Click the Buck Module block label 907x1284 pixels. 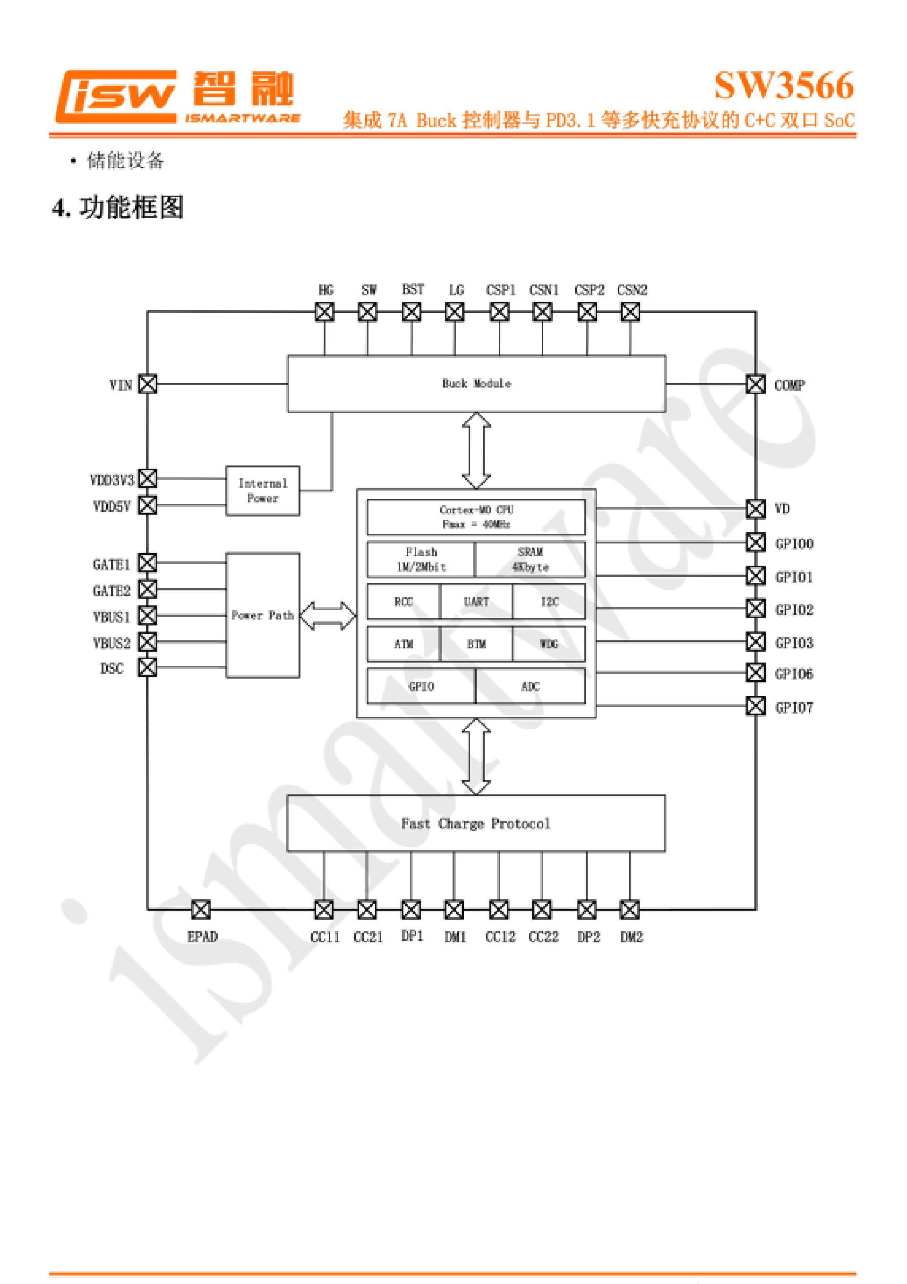(x=477, y=384)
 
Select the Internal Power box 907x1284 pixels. (x=262, y=491)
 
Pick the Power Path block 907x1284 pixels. (x=262, y=615)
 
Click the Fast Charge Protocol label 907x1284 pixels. (x=475, y=824)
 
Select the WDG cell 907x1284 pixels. (x=548, y=644)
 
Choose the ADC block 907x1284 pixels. (x=530, y=686)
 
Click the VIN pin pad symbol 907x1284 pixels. (x=148, y=384)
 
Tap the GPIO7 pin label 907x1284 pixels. (x=794, y=708)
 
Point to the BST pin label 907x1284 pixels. (x=413, y=290)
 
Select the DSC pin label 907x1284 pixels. (x=112, y=668)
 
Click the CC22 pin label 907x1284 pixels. (x=544, y=937)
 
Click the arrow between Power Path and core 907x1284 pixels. (x=328, y=615)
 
